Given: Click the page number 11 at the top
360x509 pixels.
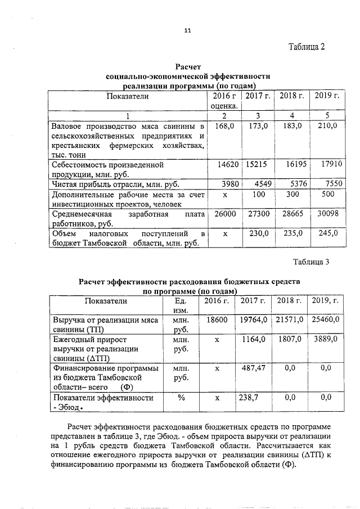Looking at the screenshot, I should click(x=187, y=30).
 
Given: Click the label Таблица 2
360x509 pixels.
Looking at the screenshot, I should click(x=307, y=47).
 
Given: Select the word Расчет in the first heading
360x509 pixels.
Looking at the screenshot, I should click(x=188, y=67).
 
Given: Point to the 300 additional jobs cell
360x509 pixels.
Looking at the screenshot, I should click(x=292, y=194).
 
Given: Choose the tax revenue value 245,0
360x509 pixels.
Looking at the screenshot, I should click(x=327, y=233).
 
